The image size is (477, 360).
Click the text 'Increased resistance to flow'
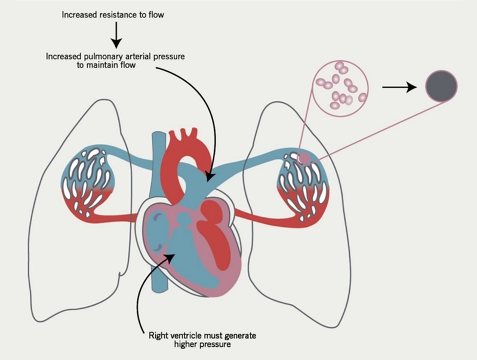pos(116,14)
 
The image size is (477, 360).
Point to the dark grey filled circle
pos(441,87)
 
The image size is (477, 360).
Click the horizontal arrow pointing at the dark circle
pos(399,87)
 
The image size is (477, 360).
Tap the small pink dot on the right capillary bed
pos(304,158)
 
